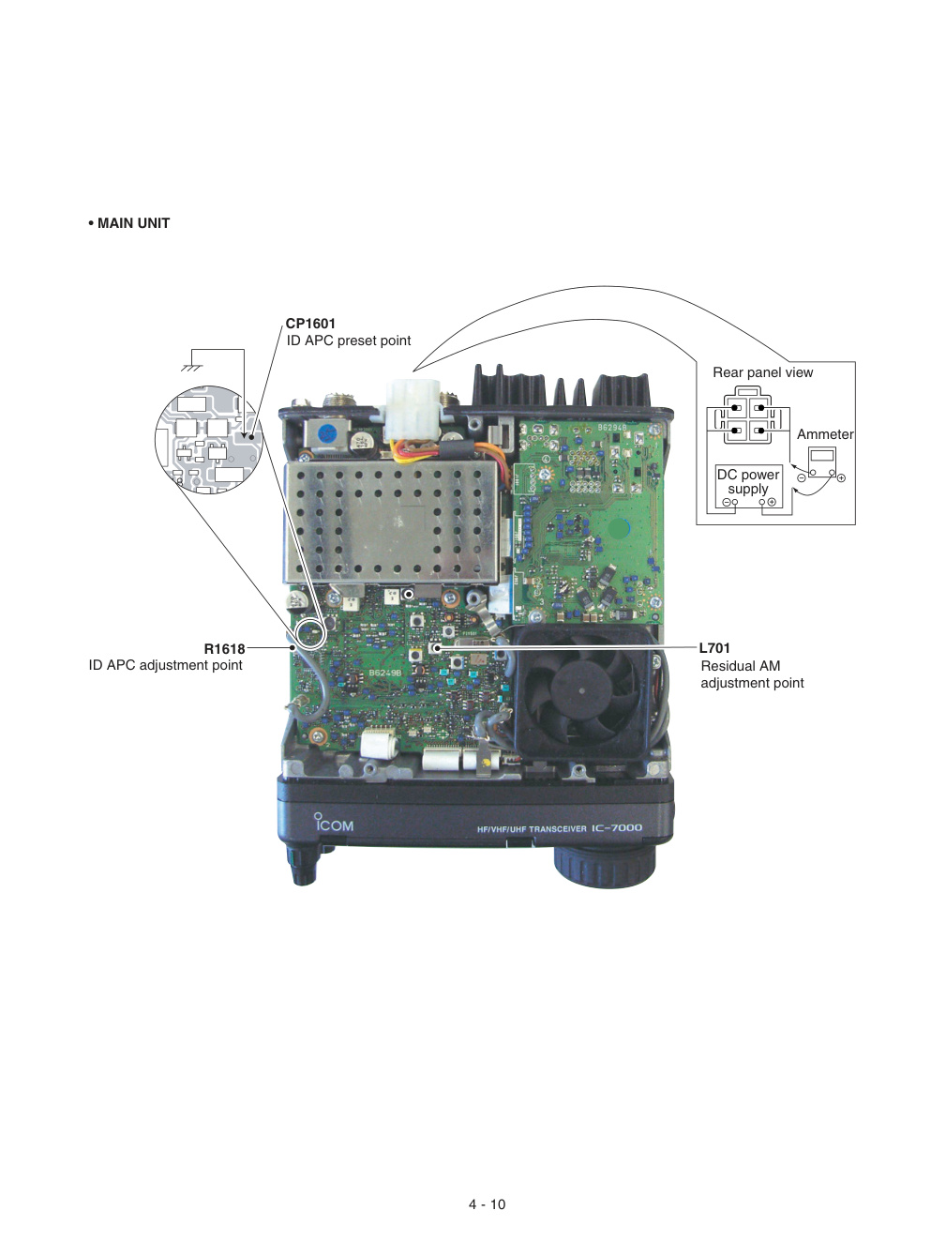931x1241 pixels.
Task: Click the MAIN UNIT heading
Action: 128,223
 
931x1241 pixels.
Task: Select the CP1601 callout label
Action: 310,324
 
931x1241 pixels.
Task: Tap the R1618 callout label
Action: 224,648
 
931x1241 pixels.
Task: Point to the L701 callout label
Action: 714,648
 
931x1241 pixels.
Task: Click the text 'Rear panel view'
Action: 762,372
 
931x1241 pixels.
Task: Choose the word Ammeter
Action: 825,434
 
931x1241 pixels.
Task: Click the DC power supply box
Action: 748,487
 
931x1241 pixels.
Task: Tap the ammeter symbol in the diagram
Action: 822,462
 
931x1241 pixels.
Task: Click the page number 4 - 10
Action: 487,1204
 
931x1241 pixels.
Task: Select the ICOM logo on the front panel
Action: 334,823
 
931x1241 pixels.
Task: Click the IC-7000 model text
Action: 616,827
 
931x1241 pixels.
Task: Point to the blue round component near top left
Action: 327,434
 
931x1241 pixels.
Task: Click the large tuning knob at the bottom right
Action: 605,865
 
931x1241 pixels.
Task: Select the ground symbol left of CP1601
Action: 192,368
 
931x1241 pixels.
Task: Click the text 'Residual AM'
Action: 740,666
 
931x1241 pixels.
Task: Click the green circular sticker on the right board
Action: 619,529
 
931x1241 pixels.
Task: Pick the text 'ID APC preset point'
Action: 349,341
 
